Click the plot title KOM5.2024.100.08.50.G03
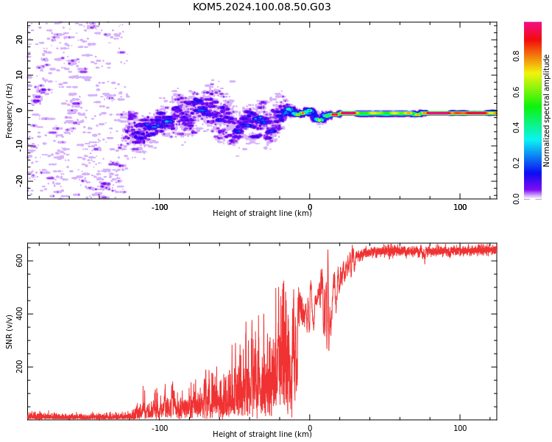click(261, 7)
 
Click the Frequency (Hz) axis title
click(9, 110)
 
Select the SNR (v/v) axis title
click(9, 332)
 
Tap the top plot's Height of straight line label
click(262, 213)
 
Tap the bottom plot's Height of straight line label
click(262, 434)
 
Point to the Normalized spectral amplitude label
click(546, 110)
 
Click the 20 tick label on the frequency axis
click(19, 40)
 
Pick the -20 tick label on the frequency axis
click(19, 181)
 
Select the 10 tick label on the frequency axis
click(19, 75)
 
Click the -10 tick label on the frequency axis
click(19, 146)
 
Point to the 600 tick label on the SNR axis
click(19, 261)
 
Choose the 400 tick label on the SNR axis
click(19, 314)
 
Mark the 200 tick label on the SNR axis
click(19, 367)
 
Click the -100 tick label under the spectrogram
click(160, 207)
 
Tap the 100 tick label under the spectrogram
click(460, 207)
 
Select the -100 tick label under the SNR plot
click(160, 428)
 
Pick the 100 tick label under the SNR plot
click(460, 428)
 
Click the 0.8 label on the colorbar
click(516, 57)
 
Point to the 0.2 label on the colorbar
click(516, 164)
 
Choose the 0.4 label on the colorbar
click(516, 127)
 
